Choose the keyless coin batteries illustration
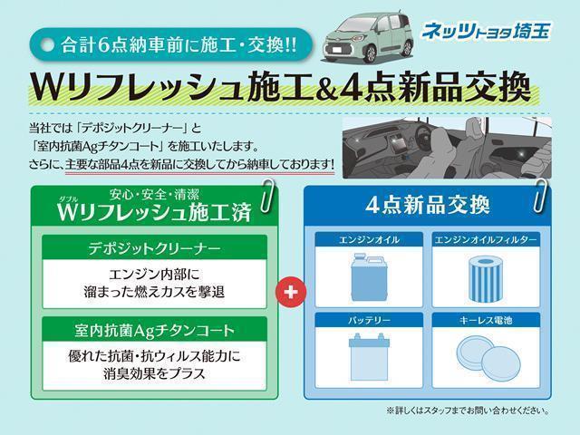tap(486, 355)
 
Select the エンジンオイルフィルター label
tap(486, 239)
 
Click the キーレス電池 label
tap(486, 320)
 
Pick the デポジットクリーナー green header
tap(154, 246)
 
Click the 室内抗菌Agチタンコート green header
tap(154, 329)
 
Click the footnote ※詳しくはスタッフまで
tap(468, 411)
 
